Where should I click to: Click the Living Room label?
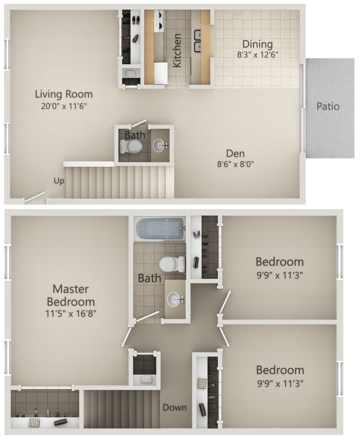coord(64,94)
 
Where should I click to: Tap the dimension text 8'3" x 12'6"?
coord(257,55)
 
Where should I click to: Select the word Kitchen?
coord(177,50)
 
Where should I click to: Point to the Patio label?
coord(328,106)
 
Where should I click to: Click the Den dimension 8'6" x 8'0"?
coord(236,164)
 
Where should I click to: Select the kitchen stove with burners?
coord(159,21)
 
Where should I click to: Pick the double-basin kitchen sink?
coord(197,41)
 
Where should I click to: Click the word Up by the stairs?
coord(59,181)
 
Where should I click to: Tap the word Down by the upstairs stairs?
coord(174,408)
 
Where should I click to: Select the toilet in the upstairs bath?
coord(172,264)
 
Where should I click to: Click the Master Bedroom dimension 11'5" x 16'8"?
coord(71,314)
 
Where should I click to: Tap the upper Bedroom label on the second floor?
coord(280,262)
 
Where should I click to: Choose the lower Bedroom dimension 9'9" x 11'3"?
coord(280,384)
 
